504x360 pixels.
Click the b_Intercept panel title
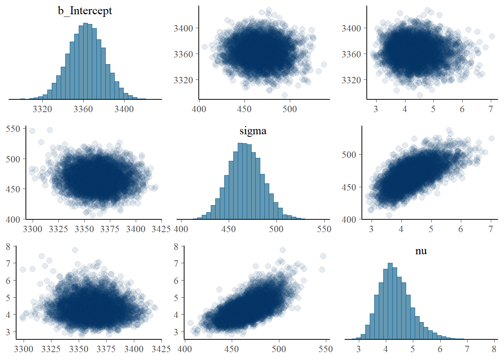click(x=85, y=11)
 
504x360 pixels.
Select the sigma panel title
click(x=253, y=131)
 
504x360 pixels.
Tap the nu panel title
click(x=421, y=251)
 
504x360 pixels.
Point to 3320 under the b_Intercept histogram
click(x=42, y=109)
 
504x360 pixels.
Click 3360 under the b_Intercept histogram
click(x=83, y=109)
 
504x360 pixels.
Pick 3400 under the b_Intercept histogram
click(x=124, y=109)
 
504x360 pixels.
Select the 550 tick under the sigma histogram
click(x=324, y=229)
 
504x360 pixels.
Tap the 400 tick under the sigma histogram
click(x=181, y=229)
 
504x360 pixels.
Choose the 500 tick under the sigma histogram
click(x=276, y=229)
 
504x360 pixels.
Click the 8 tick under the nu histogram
click(x=494, y=349)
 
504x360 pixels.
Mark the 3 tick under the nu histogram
click(x=359, y=349)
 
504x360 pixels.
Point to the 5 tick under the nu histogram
click(x=413, y=349)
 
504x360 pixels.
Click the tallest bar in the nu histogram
click(x=390, y=300)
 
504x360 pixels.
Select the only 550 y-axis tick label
click(x=13, y=129)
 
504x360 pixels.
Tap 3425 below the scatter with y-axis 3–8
click(x=161, y=349)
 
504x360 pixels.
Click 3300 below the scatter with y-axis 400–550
click(x=33, y=229)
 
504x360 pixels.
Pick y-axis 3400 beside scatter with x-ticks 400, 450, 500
click(x=183, y=28)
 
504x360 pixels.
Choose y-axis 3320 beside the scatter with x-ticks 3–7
click(x=351, y=80)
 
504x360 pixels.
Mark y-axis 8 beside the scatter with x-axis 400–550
click(x=176, y=246)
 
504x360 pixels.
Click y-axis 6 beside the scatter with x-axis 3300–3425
click(x=8, y=280)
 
